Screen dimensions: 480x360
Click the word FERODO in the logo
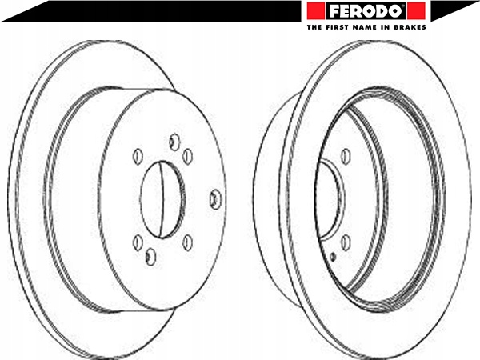pos(366,11)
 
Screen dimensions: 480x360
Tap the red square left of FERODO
pos(316,10)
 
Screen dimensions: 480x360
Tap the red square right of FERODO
pos(416,10)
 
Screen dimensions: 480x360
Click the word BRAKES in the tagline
pos(410,27)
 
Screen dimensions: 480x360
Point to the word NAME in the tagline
pos(363,27)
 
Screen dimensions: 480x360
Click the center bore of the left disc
pos(162,199)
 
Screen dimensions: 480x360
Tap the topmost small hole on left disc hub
pos(174,142)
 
